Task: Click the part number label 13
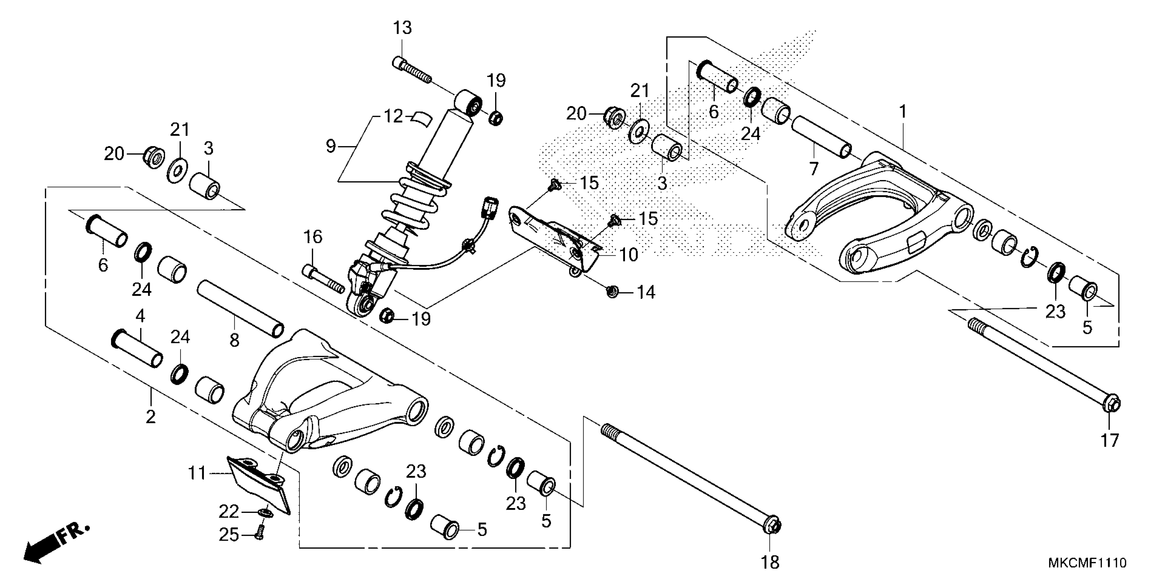[x=402, y=28]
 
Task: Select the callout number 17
[x=1110, y=440]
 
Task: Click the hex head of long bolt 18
[x=773, y=526]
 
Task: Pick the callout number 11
[x=197, y=473]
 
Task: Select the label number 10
[x=628, y=255]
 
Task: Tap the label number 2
[x=151, y=416]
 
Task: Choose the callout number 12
[x=393, y=117]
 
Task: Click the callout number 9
[x=331, y=146]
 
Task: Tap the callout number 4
[x=140, y=316]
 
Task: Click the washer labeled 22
[x=266, y=513]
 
